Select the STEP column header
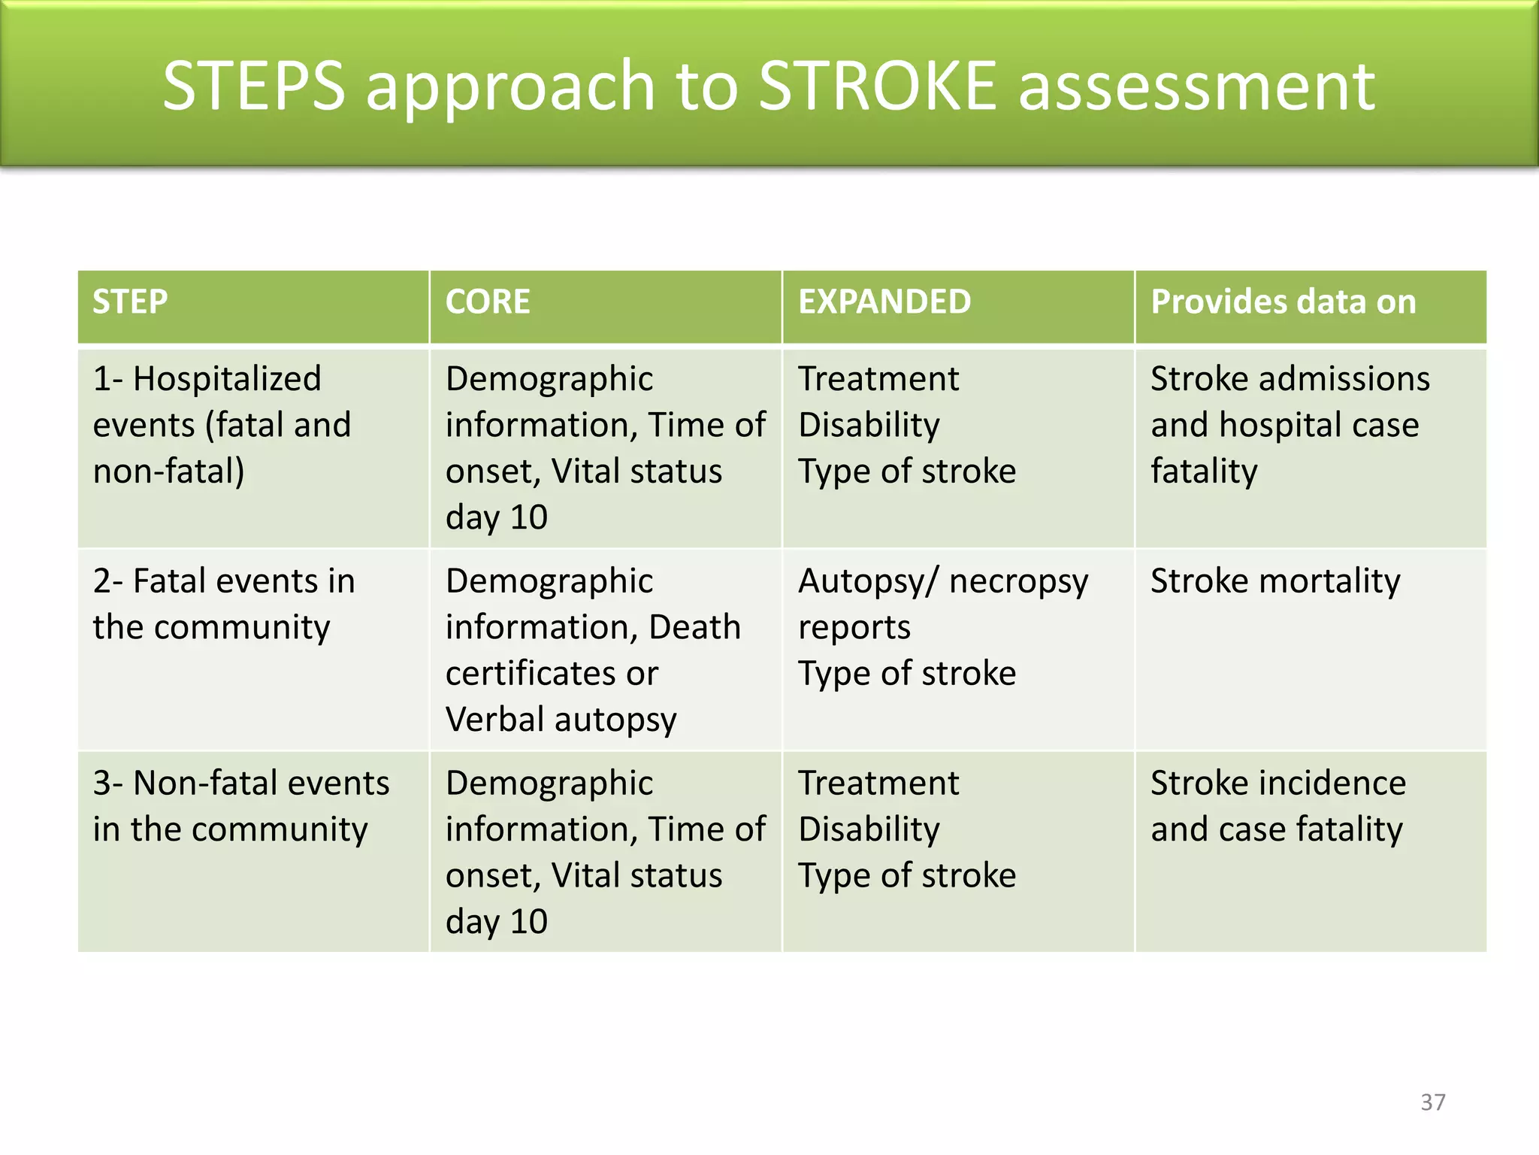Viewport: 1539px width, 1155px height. click(130, 302)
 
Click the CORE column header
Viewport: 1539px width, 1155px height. click(488, 302)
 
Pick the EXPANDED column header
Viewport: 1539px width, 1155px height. click(884, 302)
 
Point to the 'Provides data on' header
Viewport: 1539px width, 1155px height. click(1283, 302)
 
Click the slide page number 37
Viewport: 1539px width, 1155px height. click(1432, 1102)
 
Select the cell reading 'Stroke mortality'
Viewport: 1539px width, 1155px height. click(1275, 581)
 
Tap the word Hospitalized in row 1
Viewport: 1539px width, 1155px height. click(227, 379)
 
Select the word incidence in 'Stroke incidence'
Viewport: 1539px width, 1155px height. click(1332, 784)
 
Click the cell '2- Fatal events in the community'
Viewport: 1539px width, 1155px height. click(224, 604)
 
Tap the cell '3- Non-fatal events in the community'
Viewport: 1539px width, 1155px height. click(240, 806)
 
